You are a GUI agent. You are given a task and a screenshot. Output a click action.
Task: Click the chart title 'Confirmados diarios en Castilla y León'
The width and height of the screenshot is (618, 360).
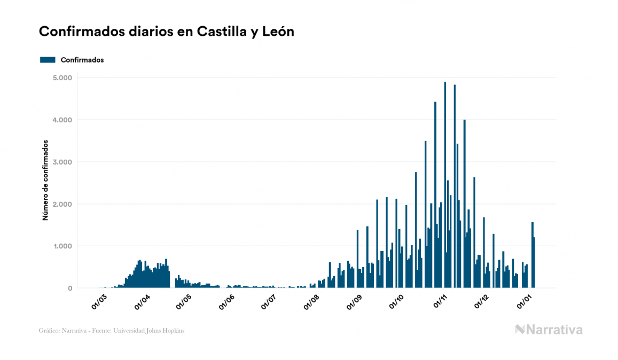[167, 32]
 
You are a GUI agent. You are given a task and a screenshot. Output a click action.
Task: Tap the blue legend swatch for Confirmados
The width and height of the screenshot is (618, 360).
[48, 60]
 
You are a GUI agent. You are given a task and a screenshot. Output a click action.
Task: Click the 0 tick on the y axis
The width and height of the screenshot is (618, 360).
[70, 288]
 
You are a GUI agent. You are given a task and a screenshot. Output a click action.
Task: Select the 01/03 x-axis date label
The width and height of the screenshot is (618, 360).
[99, 301]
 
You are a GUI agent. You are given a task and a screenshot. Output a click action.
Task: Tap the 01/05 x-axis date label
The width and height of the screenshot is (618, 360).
[184, 301]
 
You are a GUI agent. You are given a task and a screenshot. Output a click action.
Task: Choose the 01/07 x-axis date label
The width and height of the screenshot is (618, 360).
[268, 301]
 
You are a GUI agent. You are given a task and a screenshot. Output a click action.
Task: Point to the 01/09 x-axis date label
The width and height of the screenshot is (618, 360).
[354, 301]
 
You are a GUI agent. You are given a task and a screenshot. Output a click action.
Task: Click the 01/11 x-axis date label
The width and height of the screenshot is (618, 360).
[440, 301]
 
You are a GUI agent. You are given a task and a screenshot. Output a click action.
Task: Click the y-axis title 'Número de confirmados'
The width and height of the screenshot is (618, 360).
[46, 181]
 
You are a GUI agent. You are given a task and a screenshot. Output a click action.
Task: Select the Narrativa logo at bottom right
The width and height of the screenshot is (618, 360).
[549, 330]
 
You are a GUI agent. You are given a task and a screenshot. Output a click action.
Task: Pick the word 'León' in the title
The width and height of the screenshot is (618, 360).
[278, 32]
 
